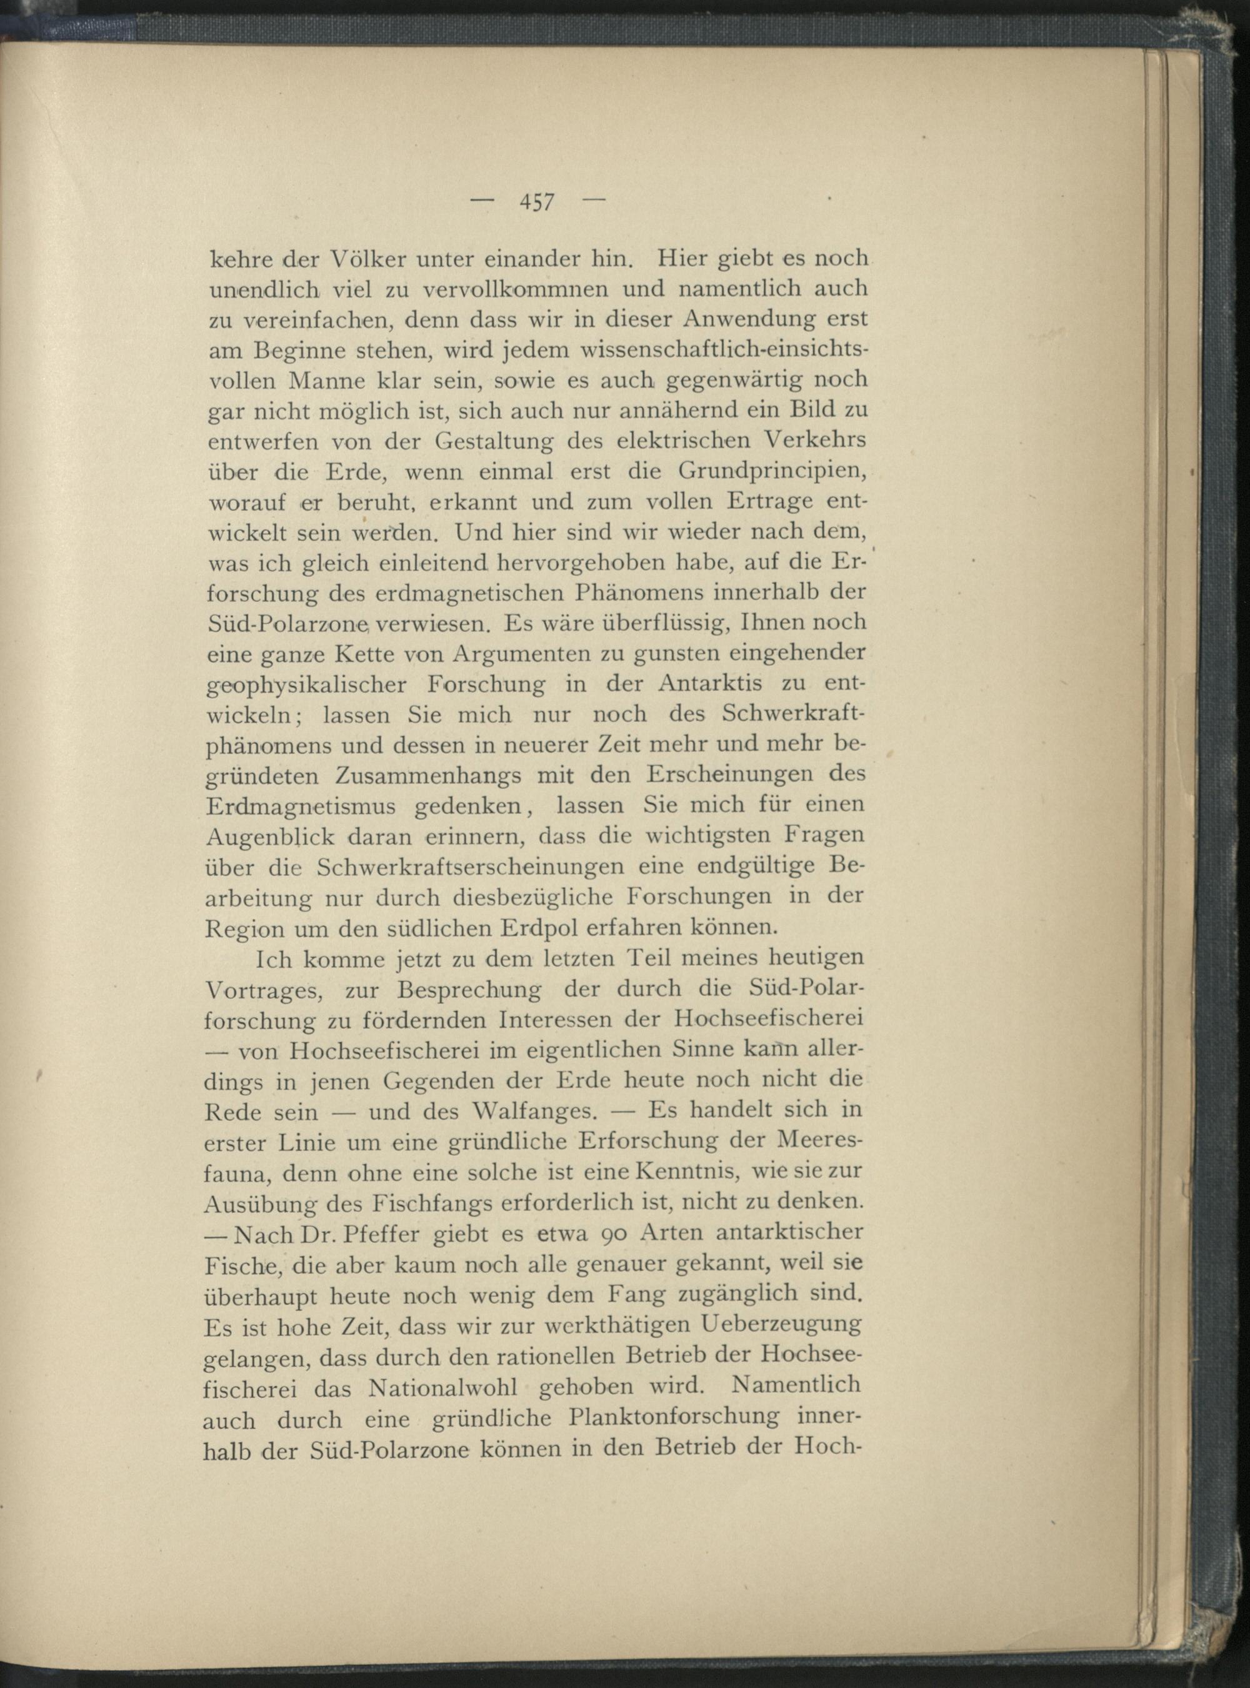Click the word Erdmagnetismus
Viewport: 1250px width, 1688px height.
(x=301, y=806)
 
